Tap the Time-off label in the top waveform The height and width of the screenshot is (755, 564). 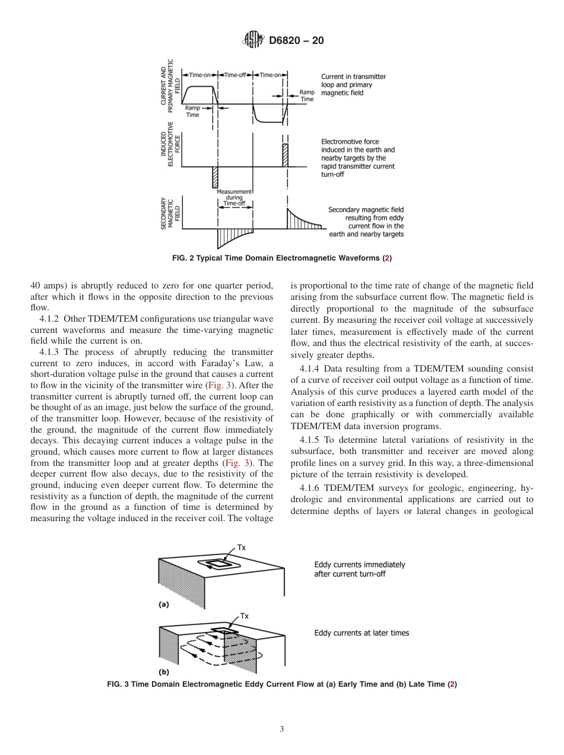(235, 75)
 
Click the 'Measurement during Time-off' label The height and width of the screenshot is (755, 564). (234, 198)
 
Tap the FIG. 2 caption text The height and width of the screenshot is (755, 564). (281, 258)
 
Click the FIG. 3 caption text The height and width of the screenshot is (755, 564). (281, 684)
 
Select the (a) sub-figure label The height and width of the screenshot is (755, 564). (163, 605)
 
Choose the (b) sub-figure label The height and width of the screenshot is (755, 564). (163, 672)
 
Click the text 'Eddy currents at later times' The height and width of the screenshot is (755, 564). (361, 633)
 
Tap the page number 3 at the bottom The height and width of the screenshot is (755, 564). (281, 729)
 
